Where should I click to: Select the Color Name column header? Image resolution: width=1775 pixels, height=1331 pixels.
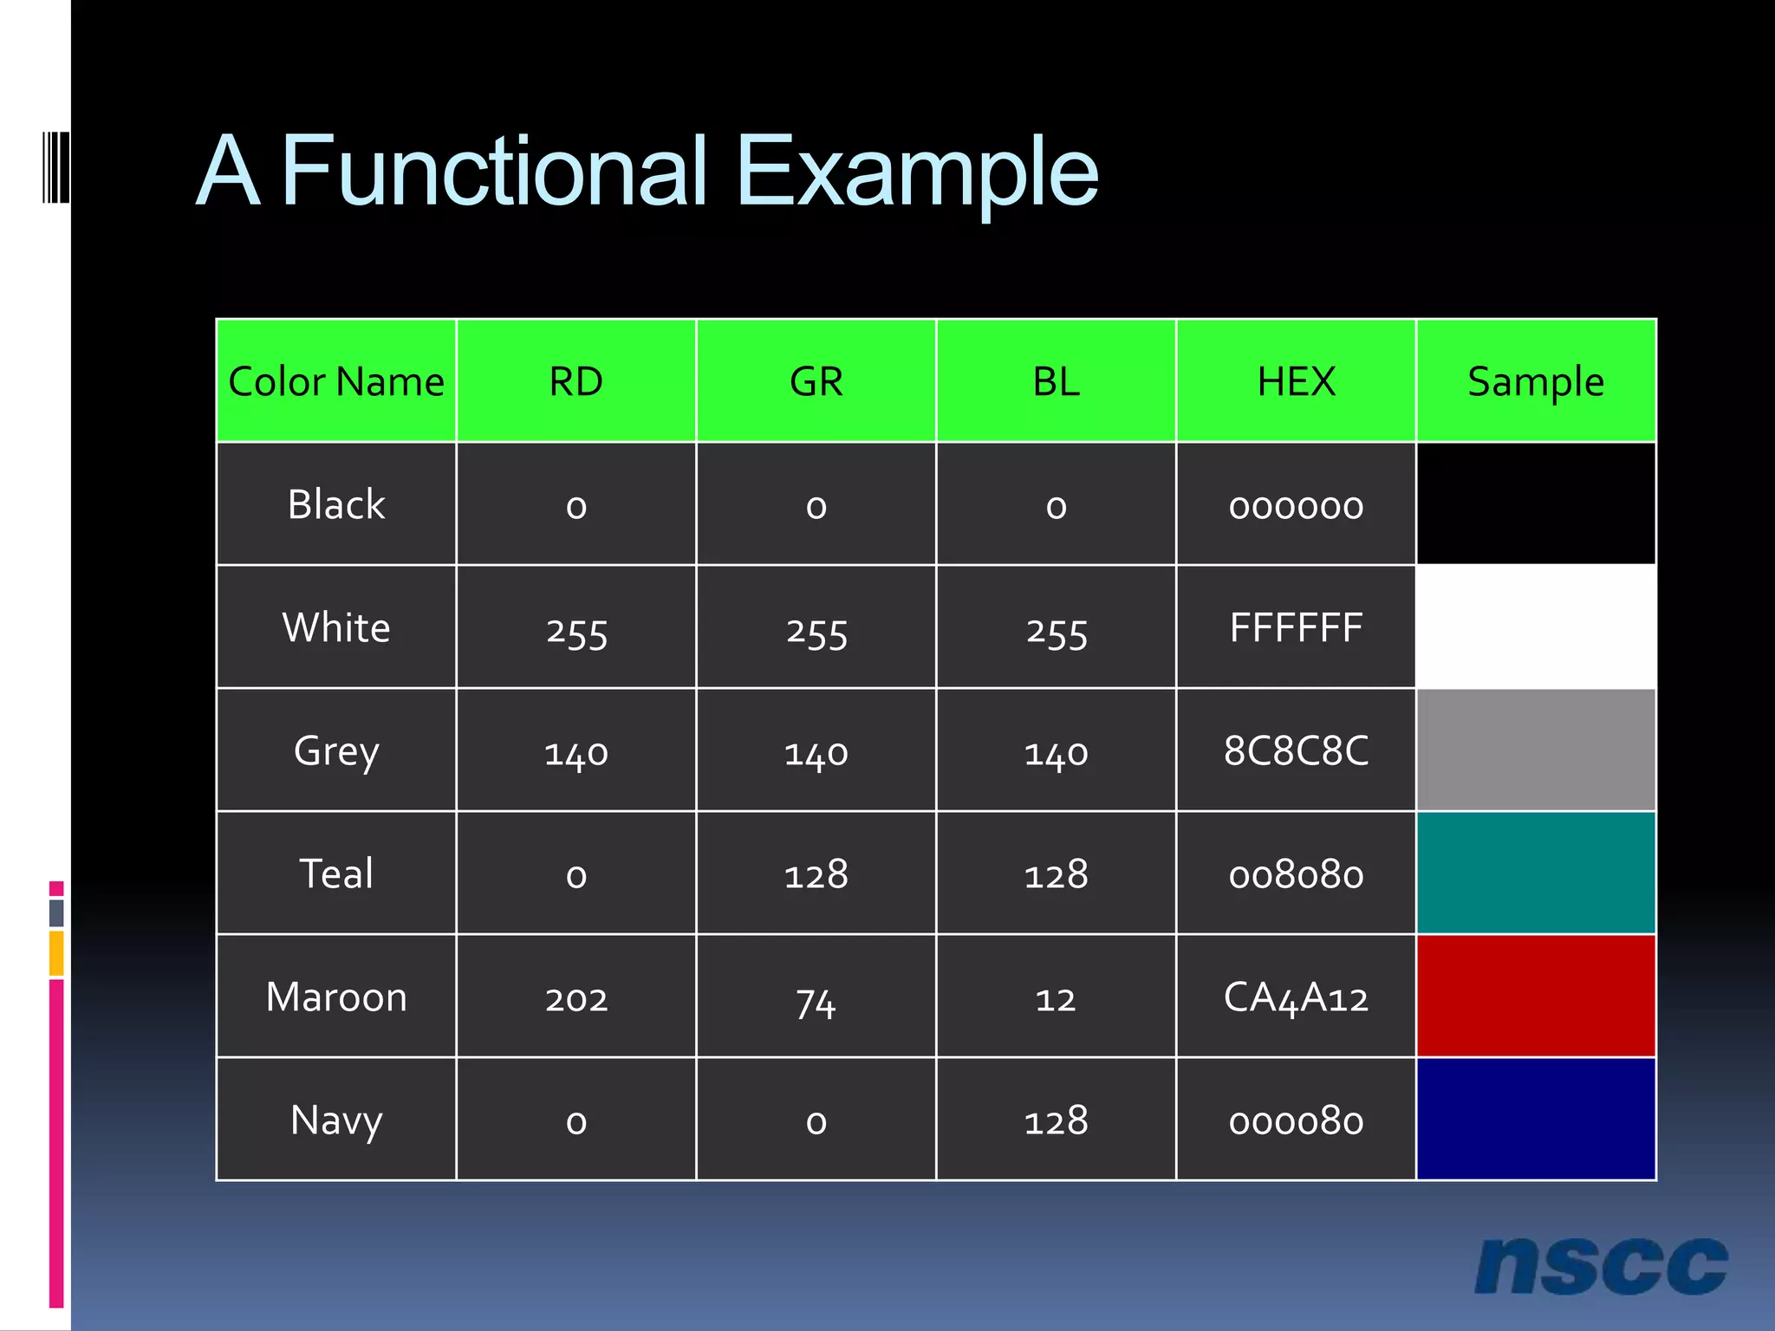pyautogui.click(x=336, y=381)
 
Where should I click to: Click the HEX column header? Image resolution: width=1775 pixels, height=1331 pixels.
pyautogui.click(x=1296, y=381)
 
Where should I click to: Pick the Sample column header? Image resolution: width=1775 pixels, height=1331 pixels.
pyautogui.click(x=1536, y=381)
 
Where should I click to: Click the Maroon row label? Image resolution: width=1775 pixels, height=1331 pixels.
pyautogui.click(x=336, y=997)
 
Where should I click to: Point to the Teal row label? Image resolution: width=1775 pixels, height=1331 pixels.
pyautogui.click(x=336, y=873)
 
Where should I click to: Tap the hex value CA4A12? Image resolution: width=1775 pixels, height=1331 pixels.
pyautogui.click(x=1296, y=997)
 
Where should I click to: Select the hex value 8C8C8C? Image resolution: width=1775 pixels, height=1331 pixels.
pyautogui.click(x=1296, y=751)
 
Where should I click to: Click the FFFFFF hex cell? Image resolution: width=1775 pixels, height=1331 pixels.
pyautogui.click(x=1296, y=628)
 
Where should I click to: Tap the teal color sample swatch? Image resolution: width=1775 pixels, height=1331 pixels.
pyautogui.click(x=1536, y=873)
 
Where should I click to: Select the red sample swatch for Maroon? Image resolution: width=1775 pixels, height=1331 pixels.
pyautogui.click(x=1536, y=996)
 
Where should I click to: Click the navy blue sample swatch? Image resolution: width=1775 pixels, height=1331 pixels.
pyautogui.click(x=1536, y=1119)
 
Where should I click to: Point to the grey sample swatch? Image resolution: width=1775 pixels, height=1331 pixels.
pyautogui.click(x=1536, y=750)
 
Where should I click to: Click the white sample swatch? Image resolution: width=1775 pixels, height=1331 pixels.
pyautogui.click(x=1536, y=627)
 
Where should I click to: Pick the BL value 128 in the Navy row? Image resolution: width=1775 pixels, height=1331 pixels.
pyautogui.click(x=1056, y=1121)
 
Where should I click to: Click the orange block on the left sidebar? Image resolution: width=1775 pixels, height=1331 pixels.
pyautogui.click(x=56, y=953)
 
